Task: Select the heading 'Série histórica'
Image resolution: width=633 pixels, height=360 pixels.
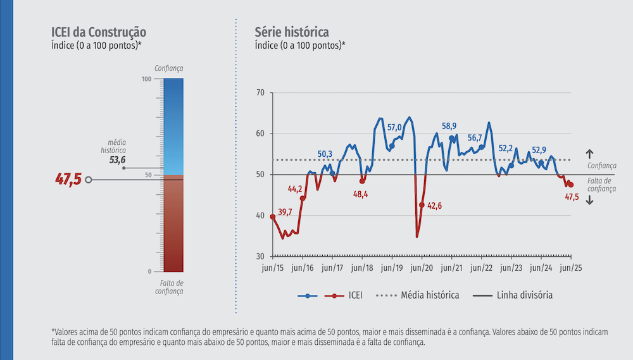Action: (x=292, y=32)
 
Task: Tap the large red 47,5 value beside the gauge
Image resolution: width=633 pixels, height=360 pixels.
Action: (x=68, y=179)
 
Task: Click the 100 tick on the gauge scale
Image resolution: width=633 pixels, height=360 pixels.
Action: (x=147, y=79)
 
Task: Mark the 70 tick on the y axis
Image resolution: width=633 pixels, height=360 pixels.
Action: (x=260, y=92)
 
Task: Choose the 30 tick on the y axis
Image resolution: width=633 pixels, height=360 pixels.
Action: (x=260, y=256)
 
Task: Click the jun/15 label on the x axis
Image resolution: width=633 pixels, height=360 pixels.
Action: (x=273, y=268)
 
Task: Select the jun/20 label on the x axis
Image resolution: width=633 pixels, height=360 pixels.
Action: (x=422, y=268)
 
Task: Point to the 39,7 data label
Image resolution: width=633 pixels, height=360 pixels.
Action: (x=285, y=211)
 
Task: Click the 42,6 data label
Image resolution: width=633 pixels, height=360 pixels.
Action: (x=434, y=205)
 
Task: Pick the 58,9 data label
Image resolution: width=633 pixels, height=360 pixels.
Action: (x=449, y=126)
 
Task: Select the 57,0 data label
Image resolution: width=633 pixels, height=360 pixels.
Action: (x=394, y=127)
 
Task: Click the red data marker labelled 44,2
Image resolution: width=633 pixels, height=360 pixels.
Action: (x=303, y=199)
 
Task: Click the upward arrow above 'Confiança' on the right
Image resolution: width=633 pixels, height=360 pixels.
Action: (x=589, y=153)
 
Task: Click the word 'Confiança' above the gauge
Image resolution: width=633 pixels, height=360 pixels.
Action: (x=168, y=68)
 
